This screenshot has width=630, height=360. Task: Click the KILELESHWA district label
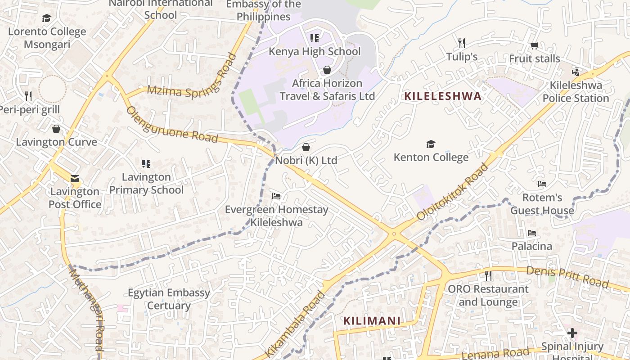tap(443, 96)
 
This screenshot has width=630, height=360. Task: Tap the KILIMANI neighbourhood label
tap(372, 321)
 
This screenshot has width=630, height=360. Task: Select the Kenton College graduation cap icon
tap(431, 144)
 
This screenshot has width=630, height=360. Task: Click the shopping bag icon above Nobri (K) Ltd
tap(306, 147)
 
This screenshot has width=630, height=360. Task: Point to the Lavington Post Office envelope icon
tap(75, 179)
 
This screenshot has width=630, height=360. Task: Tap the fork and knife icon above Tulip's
tap(461, 43)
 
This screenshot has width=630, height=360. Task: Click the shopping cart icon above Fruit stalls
tap(535, 45)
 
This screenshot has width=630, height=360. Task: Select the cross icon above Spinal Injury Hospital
tap(572, 333)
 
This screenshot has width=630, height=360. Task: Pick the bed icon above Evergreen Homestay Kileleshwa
tap(276, 196)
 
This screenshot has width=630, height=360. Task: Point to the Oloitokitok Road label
tap(453, 192)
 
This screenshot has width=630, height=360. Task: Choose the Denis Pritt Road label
tap(567, 277)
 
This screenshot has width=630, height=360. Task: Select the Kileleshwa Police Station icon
tap(576, 72)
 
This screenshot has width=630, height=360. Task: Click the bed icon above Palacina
tap(532, 233)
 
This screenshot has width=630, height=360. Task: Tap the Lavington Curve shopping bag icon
tap(56, 129)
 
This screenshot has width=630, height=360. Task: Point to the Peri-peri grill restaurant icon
tap(28, 96)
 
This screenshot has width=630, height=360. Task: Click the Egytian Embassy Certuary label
tap(169, 299)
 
